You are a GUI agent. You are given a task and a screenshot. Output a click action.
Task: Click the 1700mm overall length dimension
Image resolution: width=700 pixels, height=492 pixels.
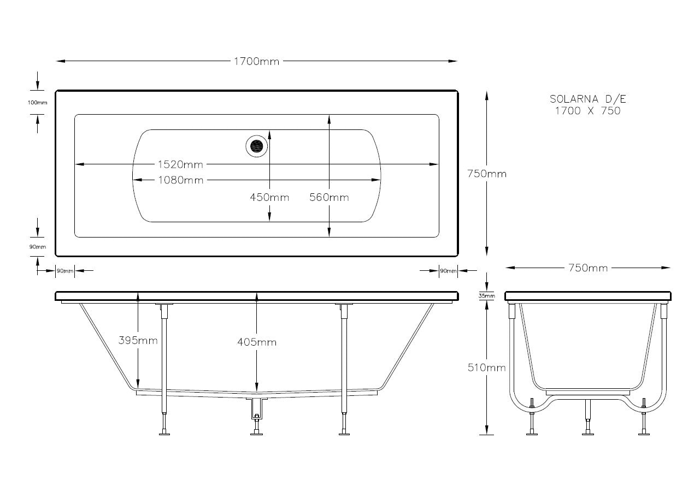(x=256, y=61)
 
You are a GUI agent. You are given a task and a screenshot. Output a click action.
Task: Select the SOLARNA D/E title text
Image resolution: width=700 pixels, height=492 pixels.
(x=585, y=99)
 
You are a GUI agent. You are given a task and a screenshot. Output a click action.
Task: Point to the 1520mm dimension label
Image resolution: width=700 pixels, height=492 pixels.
(x=180, y=164)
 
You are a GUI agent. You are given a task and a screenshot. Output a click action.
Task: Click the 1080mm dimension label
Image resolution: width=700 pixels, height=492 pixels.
(x=180, y=180)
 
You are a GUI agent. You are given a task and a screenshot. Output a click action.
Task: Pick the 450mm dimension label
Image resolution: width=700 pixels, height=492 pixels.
(x=269, y=197)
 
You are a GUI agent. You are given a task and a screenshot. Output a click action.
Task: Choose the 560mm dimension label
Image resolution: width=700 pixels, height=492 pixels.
(x=329, y=197)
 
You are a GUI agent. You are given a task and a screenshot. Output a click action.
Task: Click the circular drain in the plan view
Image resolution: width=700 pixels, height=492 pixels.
(x=256, y=146)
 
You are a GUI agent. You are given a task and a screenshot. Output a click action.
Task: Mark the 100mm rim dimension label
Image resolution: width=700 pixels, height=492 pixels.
(x=37, y=103)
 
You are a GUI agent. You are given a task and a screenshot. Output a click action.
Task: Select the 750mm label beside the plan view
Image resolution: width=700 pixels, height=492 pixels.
(x=487, y=174)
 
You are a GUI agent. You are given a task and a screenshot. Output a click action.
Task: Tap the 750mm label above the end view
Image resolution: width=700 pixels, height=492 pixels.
(x=587, y=268)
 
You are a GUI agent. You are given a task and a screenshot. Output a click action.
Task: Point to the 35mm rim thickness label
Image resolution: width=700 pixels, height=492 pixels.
(x=486, y=297)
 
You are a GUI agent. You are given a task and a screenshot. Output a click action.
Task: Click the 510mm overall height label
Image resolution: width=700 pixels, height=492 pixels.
(x=486, y=367)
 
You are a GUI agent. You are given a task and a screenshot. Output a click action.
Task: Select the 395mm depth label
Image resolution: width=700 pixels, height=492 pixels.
(x=138, y=341)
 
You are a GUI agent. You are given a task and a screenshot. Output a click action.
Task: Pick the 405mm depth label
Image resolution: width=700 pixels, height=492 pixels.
(x=256, y=342)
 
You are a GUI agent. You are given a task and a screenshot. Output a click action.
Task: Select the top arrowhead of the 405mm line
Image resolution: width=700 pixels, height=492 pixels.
(x=256, y=295)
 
